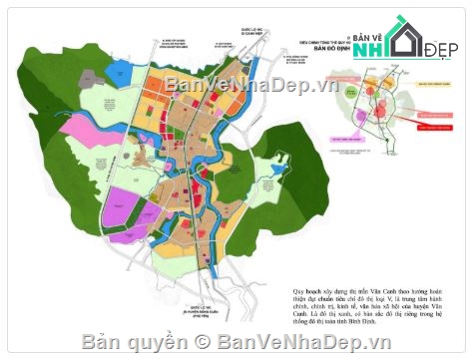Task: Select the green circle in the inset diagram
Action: click(382, 110)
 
